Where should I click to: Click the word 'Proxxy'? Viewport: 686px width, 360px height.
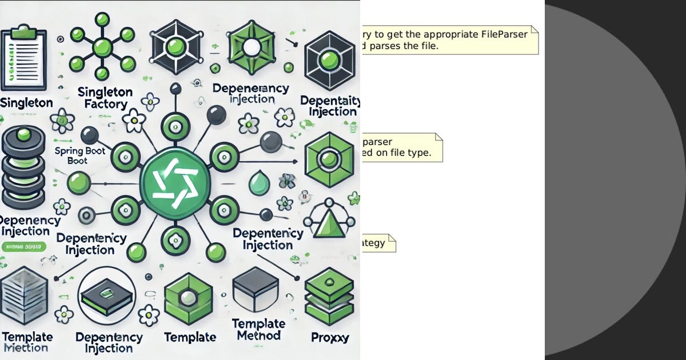[330, 337]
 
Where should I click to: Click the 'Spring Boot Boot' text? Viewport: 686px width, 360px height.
[77, 155]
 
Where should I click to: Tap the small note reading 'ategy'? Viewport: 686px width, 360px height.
[378, 243]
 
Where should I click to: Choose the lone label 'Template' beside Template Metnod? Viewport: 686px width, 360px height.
[190, 337]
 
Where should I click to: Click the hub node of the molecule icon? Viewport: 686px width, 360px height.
[102, 46]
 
